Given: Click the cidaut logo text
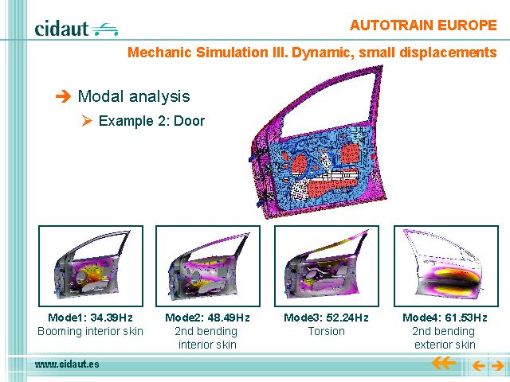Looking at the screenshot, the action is pos(61,29).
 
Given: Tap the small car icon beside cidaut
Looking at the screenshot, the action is pos(104,29).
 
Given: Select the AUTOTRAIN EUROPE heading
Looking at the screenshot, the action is pos(423,25).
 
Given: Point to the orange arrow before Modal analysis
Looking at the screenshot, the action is pos(63,96).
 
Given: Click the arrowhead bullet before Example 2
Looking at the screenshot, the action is pos(87,121).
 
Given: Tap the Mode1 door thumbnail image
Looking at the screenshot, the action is pos(91,266).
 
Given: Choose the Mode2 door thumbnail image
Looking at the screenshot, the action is pos(208,266).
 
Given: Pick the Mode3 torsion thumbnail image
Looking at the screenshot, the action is pos(327,266).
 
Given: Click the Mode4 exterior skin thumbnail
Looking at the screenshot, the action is pos(446,266).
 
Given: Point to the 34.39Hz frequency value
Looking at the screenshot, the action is pos(112,318).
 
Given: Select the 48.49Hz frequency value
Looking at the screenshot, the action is pos(229,318).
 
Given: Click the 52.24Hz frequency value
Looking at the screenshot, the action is pos(347,318).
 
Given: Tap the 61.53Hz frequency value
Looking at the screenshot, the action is pos(466,318).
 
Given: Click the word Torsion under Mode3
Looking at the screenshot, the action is pos(326,331).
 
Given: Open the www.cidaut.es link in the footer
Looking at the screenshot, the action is pos(67,364).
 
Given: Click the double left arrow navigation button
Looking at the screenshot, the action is pos(443,363).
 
